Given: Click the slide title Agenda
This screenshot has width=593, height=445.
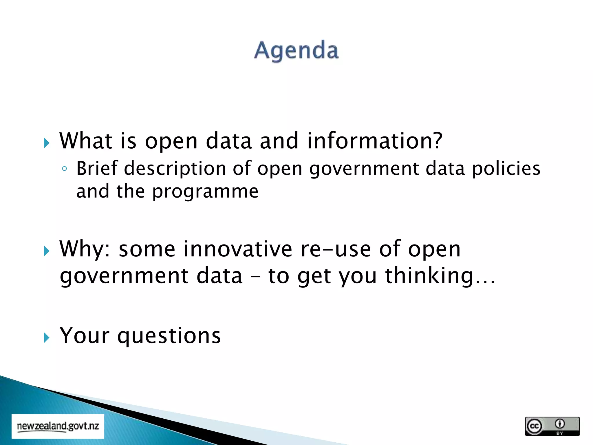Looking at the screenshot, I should click(296, 50).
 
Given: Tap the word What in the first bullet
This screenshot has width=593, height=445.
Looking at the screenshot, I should click(86, 141).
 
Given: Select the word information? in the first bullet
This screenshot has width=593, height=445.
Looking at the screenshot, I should click(375, 141).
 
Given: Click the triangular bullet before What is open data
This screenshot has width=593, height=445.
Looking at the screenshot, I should click(47, 143).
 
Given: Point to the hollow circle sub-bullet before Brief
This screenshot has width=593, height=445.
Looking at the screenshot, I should click(65, 169).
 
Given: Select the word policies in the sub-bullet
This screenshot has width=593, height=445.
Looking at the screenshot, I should click(506, 169).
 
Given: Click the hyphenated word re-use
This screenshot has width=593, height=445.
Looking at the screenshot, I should click(336, 249).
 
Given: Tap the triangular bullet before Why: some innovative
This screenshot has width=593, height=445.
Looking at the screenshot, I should click(47, 251).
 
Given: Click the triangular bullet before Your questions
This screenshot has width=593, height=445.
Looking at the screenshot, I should click(47, 338).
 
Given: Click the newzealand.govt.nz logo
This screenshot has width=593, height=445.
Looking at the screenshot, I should click(58, 426).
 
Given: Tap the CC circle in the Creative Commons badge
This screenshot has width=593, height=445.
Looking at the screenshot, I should click(534, 426).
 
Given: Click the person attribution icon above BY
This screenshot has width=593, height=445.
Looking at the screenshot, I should click(560, 424).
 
